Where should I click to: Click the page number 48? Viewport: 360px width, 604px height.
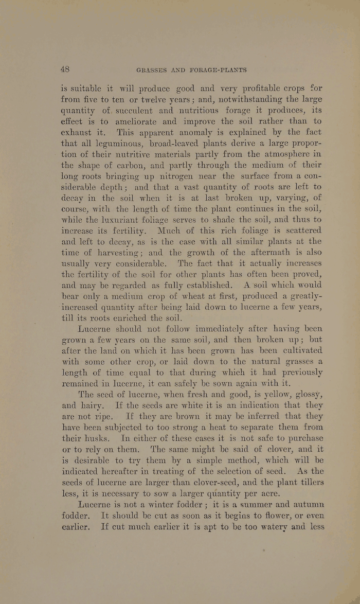click(64, 69)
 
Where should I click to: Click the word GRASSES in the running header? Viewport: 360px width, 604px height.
click(152, 69)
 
